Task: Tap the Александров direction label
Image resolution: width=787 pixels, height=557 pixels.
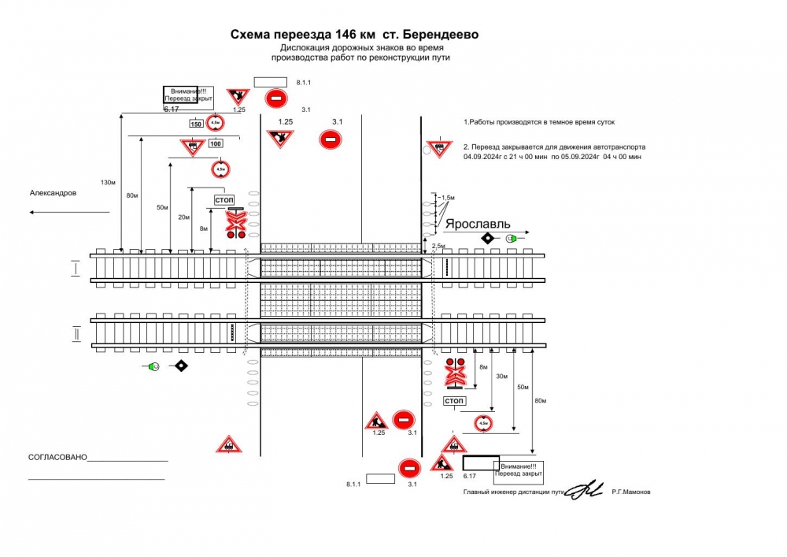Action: (54, 193)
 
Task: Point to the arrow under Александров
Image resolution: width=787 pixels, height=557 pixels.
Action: (69, 212)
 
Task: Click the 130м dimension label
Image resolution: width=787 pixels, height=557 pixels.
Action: (109, 183)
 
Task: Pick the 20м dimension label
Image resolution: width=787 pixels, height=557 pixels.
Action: (183, 217)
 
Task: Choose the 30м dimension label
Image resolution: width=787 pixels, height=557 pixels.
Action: (501, 376)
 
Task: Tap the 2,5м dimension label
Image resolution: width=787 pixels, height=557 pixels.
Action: (439, 247)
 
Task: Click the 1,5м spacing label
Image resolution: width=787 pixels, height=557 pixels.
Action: (448, 197)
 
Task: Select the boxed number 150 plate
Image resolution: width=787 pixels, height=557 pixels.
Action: (196, 124)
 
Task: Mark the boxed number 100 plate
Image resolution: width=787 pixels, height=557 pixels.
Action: (216, 143)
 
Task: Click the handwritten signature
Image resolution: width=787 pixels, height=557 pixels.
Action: (584, 490)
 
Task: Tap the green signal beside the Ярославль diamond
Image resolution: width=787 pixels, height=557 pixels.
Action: (512, 238)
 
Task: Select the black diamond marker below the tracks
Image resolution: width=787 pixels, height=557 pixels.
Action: (182, 366)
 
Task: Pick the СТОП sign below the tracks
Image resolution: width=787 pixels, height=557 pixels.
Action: (454, 401)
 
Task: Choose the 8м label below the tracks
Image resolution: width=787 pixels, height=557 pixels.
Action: (483, 367)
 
